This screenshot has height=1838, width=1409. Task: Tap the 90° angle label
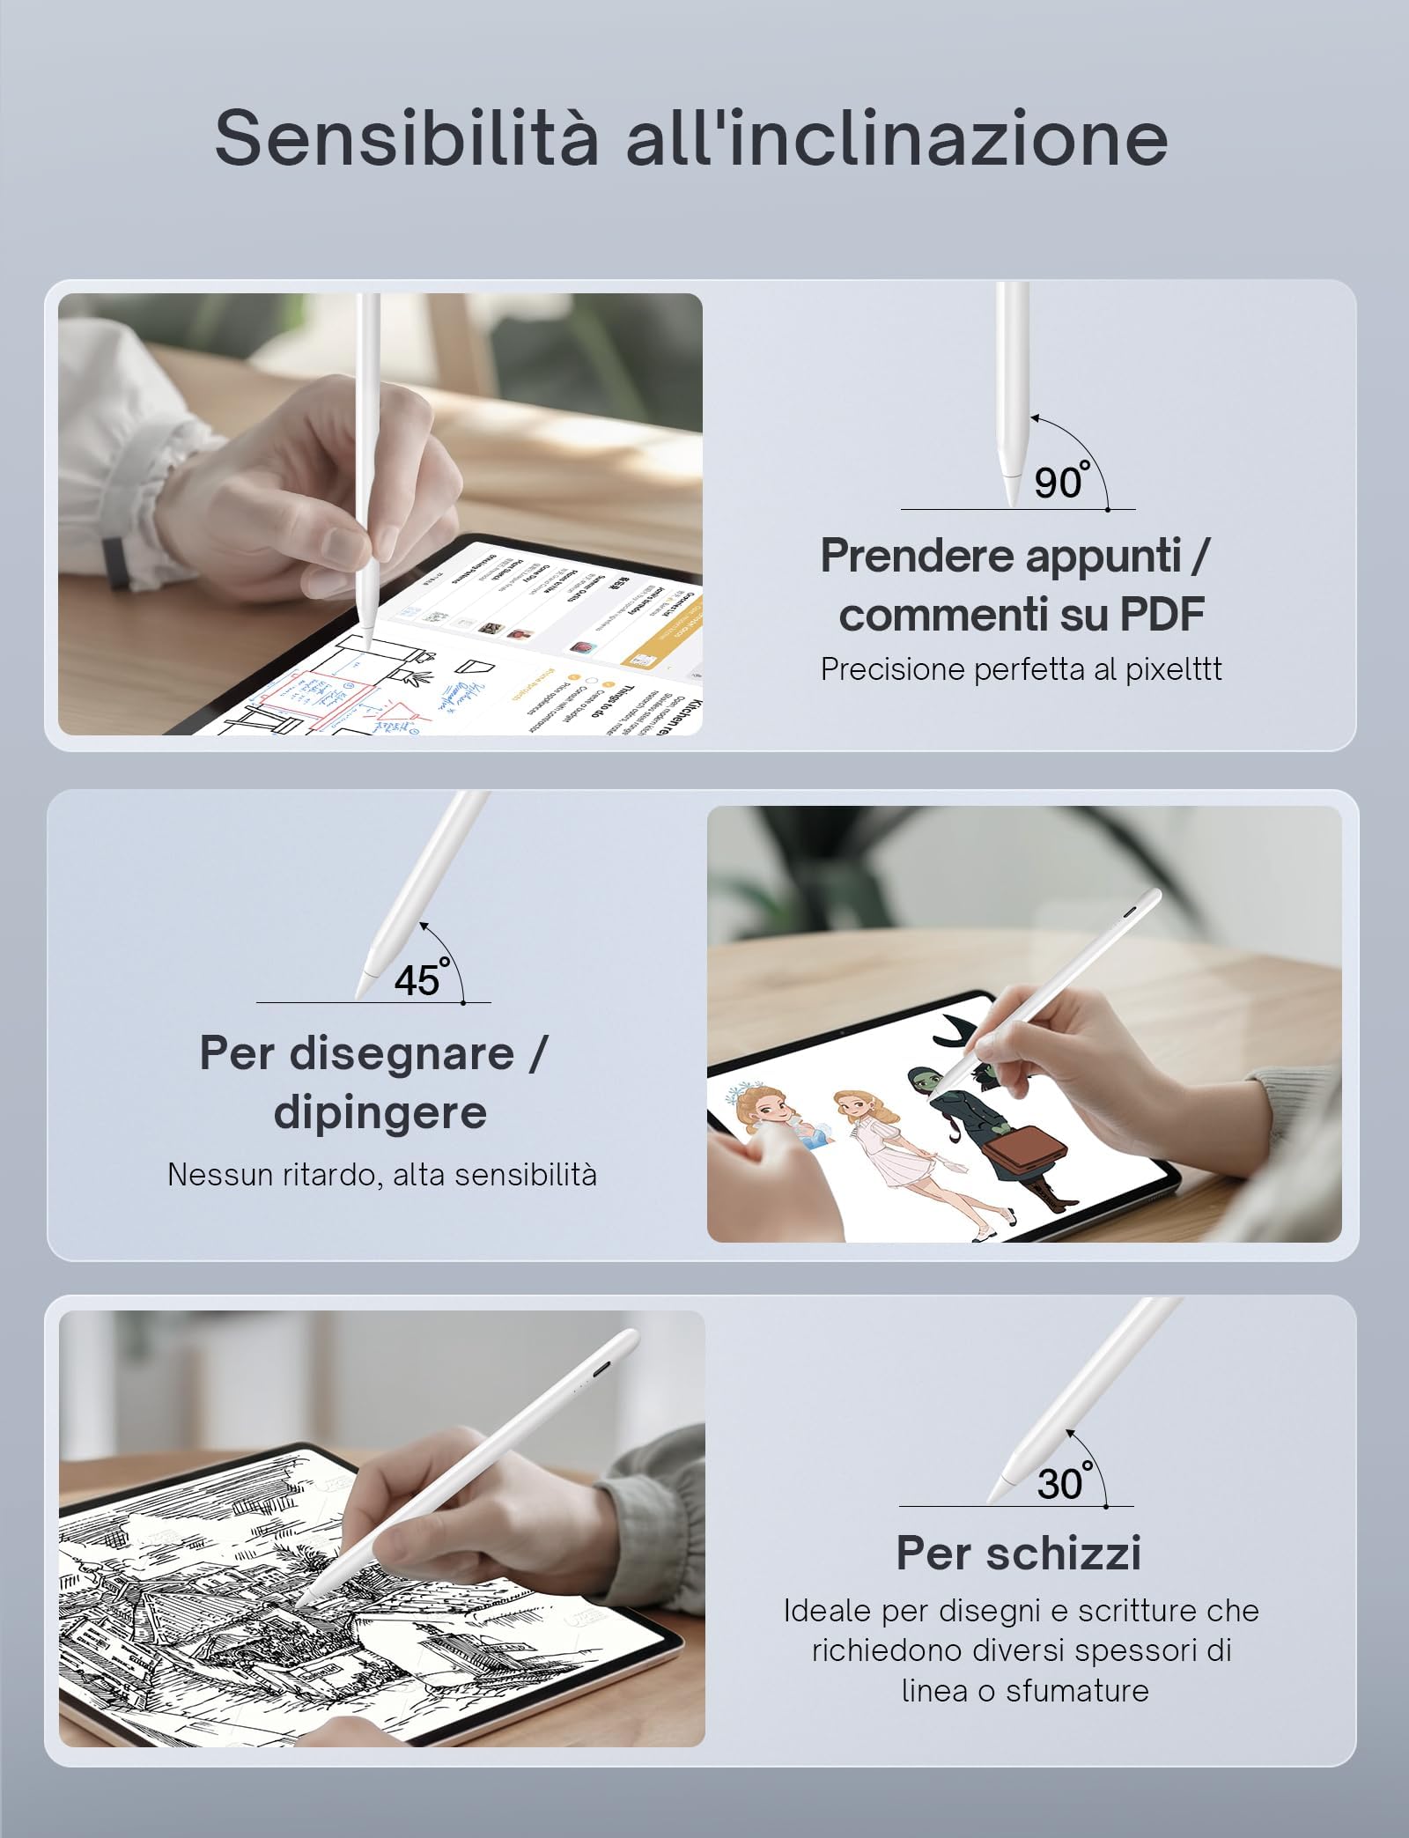[1059, 482]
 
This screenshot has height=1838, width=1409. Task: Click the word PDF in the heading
[1162, 614]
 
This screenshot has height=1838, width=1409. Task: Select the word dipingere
[380, 1111]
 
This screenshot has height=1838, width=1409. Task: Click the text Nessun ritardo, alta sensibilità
[382, 1174]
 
